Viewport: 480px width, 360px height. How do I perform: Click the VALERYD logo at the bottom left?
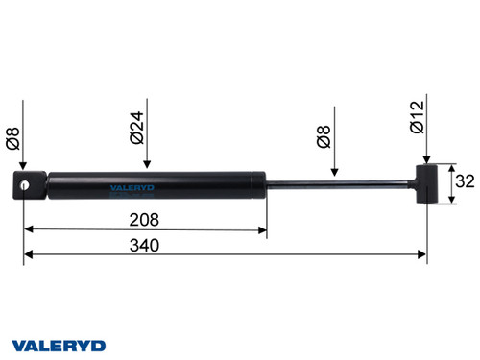pos(59,343)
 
